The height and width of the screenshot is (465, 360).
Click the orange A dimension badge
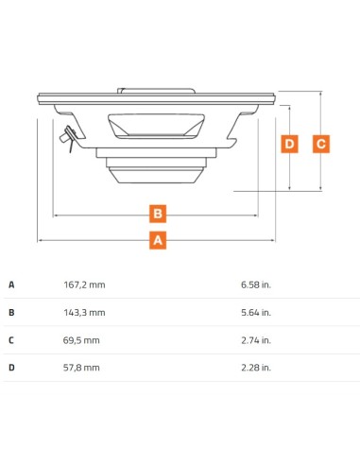tap(158, 240)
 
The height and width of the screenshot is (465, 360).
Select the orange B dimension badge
tap(158, 214)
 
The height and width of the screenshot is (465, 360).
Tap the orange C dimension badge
tap(321, 144)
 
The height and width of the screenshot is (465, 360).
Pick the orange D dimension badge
tap(289, 144)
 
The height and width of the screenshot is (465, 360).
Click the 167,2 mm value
tap(84, 284)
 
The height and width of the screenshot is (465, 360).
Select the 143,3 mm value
tap(84, 313)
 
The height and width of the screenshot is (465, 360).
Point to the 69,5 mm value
tap(81, 340)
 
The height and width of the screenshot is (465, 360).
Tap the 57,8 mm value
tap(81, 368)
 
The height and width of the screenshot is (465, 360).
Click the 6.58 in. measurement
tap(256, 284)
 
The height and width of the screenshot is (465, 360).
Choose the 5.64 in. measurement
tap(256, 313)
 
